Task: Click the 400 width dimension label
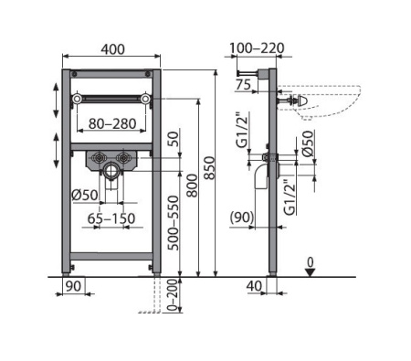(112, 49)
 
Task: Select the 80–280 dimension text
(112, 123)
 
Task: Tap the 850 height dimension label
(209, 168)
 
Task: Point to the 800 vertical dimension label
(192, 186)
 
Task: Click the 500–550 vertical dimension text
(174, 223)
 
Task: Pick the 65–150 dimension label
(111, 218)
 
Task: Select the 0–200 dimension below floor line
(173, 294)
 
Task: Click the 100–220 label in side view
(257, 48)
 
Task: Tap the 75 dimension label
(243, 85)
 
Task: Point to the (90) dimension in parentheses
(242, 218)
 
